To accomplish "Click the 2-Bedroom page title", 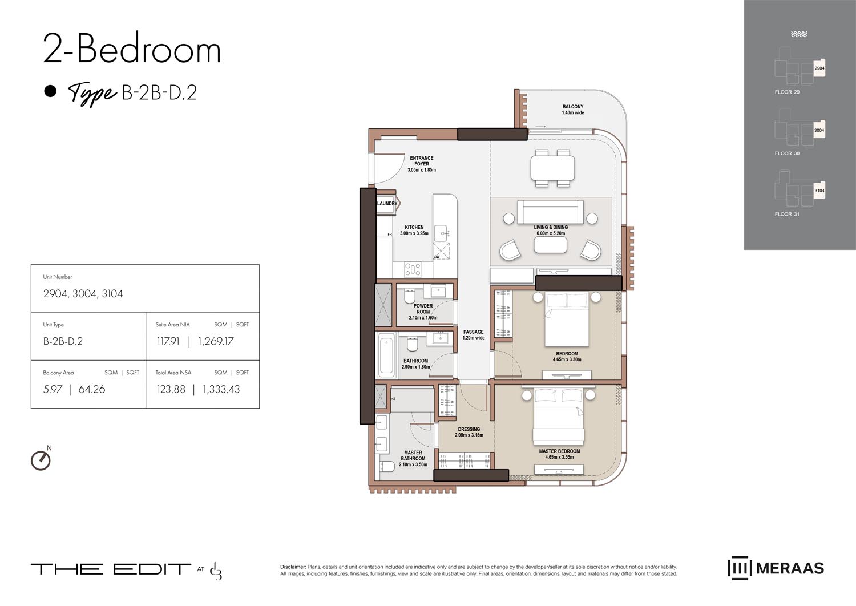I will (x=132, y=50).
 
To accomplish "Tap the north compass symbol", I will (x=41, y=460).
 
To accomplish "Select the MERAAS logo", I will (x=776, y=568).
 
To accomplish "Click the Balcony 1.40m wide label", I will (x=572, y=110).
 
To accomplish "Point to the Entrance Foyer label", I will (x=422, y=164).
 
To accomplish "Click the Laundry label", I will (x=387, y=204).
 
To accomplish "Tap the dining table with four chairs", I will (x=552, y=168).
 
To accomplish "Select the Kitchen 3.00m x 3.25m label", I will (x=414, y=231).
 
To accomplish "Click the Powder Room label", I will (x=423, y=312).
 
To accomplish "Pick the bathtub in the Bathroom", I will (x=386, y=355).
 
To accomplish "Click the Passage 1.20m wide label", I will (x=473, y=335).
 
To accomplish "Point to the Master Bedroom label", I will (x=559, y=454).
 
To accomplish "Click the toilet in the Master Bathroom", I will (x=387, y=467).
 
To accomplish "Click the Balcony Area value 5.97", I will (x=53, y=390).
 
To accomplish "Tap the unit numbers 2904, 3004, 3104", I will (x=83, y=294).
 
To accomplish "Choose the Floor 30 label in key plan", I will (x=787, y=153).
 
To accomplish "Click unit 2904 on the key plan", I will (x=819, y=68).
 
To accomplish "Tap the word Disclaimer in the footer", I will (x=293, y=567).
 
